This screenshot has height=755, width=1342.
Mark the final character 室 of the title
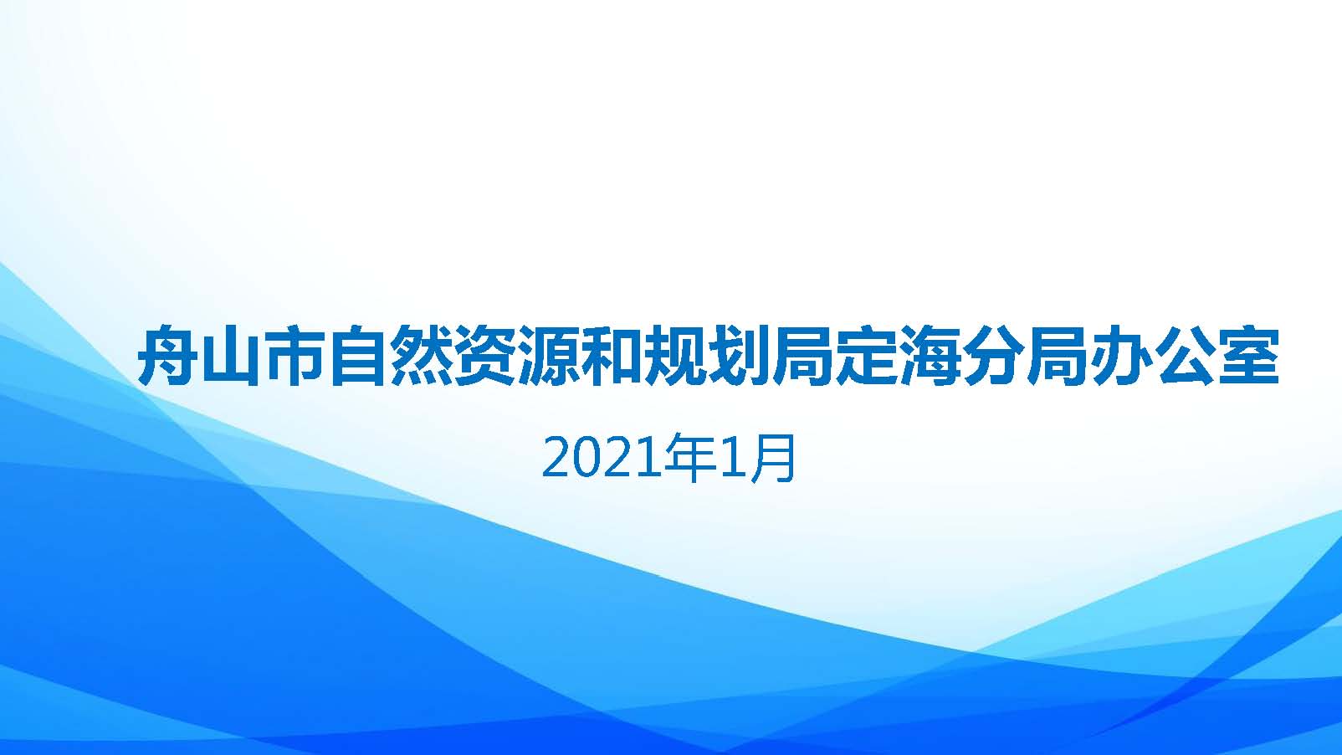pos(1248,356)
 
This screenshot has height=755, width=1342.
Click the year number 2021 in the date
pos(603,459)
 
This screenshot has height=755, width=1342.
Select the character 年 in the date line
pos(693,459)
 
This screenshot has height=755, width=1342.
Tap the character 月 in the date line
pos(774,459)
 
